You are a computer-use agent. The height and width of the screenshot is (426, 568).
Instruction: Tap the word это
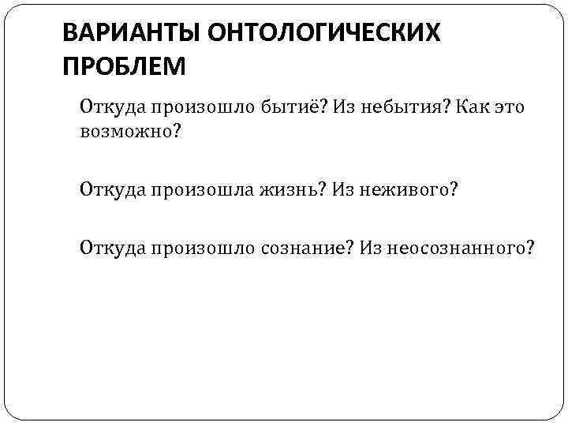[x=506, y=107]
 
